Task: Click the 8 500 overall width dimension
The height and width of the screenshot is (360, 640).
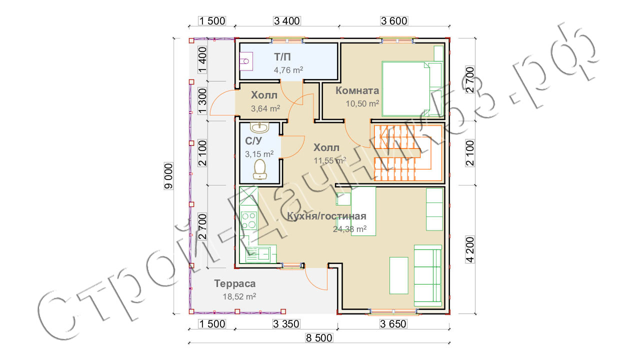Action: click(319, 338)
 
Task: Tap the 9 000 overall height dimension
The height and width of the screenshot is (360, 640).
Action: click(168, 176)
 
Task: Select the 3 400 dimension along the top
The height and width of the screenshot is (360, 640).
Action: click(287, 21)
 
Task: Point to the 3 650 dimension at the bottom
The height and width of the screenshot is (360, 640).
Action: click(393, 324)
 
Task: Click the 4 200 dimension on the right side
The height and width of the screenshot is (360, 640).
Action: click(470, 249)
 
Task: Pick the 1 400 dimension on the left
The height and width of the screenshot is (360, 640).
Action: click(202, 60)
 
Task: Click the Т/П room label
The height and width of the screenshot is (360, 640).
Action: click(282, 57)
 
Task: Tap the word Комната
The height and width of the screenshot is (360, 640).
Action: click(357, 90)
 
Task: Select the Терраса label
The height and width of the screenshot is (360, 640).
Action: click(235, 283)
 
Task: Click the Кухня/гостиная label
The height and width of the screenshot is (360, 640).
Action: click(326, 216)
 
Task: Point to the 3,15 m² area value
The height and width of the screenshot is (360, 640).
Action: click(259, 154)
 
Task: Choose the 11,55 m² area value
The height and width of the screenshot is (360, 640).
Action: click(330, 160)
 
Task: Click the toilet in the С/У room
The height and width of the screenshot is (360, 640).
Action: click(259, 169)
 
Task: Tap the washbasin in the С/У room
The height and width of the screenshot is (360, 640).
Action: click(259, 127)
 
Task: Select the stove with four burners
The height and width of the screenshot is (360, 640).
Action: click(249, 220)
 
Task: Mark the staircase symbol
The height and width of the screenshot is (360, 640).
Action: click(408, 153)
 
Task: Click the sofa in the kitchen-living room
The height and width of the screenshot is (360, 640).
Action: click(427, 275)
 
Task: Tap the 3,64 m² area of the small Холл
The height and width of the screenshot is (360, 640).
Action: click(265, 108)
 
